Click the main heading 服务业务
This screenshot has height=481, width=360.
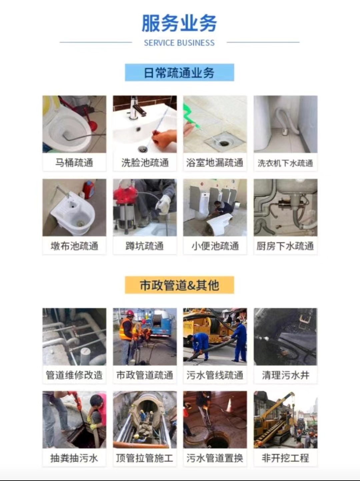pyautogui.click(x=179, y=23)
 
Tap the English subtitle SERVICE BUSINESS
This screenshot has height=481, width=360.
pyautogui.click(x=179, y=43)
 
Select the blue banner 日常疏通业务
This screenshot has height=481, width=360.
pyautogui.click(x=179, y=72)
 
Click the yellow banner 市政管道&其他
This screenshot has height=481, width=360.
pyautogui.click(x=179, y=285)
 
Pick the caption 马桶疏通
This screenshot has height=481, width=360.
pyautogui.click(x=74, y=162)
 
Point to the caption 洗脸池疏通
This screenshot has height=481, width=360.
pyautogui.click(x=145, y=162)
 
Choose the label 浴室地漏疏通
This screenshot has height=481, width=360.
pyautogui.click(x=215, y=162)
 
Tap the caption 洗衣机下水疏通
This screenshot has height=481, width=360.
pyautogui.click(x=285, y=163)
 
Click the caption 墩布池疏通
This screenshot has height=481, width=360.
pyautogui.click(x=74, y=246)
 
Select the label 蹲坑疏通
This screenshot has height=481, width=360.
pyautogui.click(x=145, y=246)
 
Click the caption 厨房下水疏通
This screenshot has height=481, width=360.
pyautogui.click(x=285, y=246)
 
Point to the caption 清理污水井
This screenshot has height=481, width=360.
pyautogui.click(x=285, y=375)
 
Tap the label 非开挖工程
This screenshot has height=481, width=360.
pyautogui.click(x=285, y=458)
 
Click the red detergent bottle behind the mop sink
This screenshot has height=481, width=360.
pyautogui.click(x=89, y=189)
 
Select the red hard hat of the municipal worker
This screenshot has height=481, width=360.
pyautogui.click(x=130, y=313)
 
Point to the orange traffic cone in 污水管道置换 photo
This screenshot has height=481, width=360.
pyautogui.click(x=229, y=405)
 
